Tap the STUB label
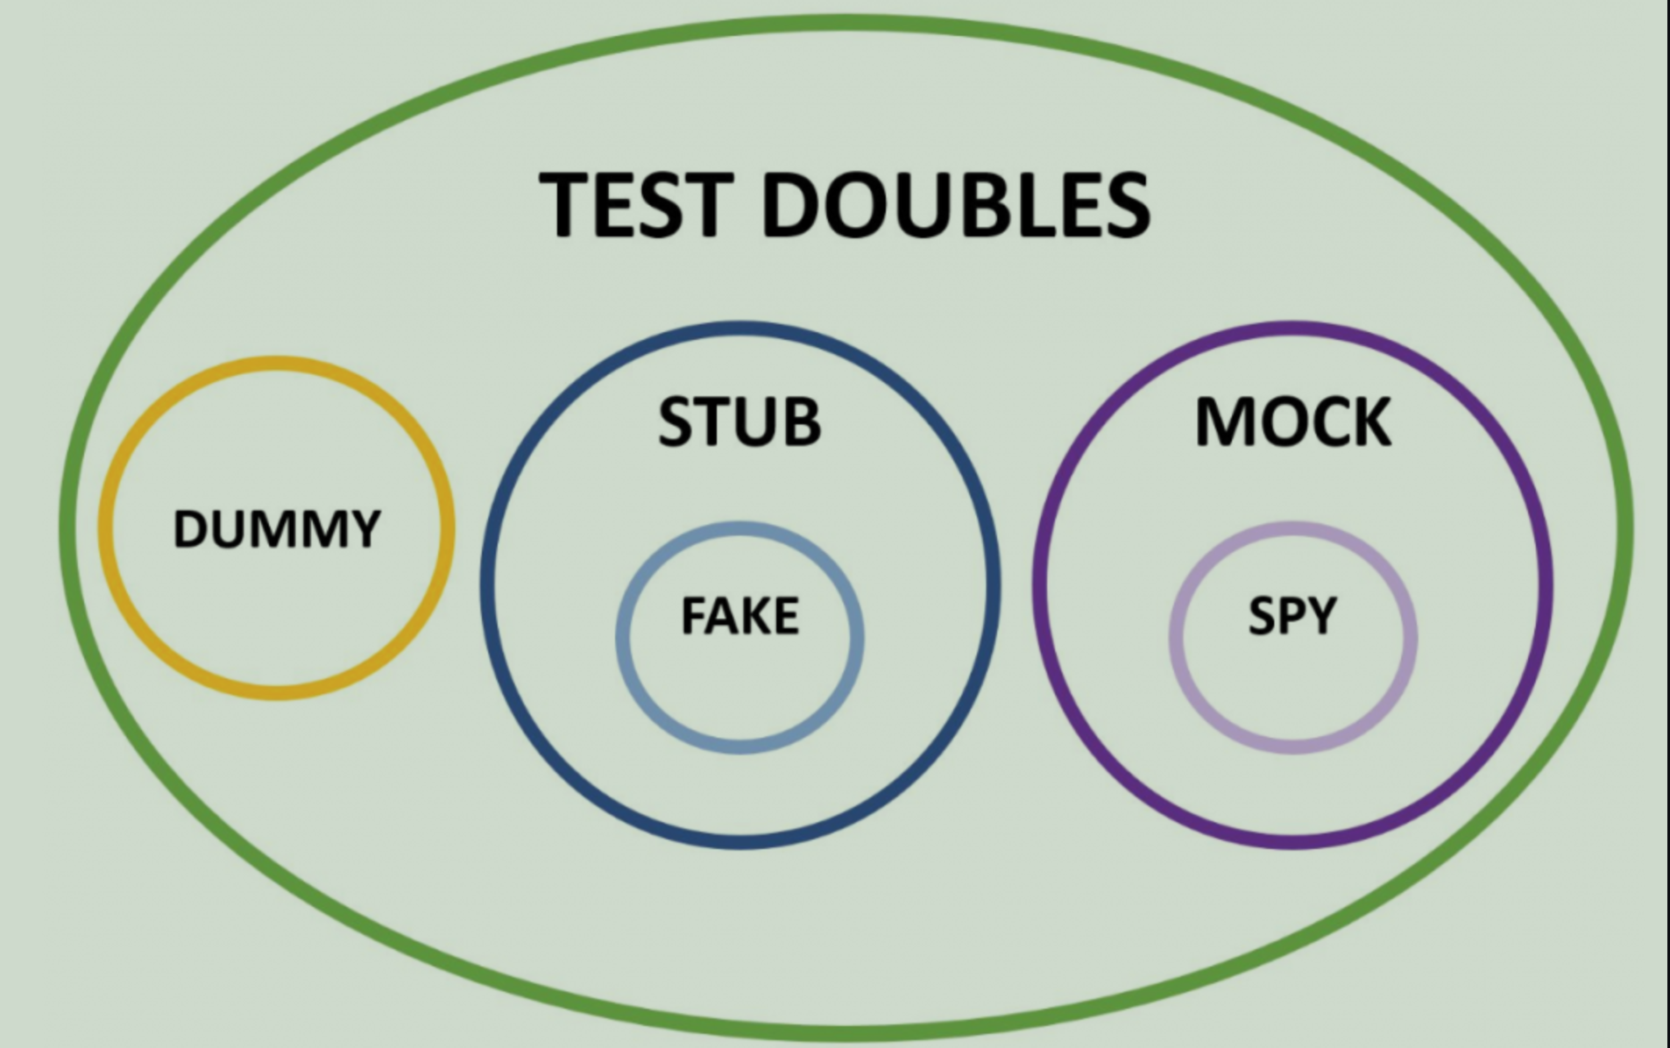coord(739,422)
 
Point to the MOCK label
coord(1292,422)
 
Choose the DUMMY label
coord(277,529)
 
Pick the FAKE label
coord(739,615)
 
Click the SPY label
coord(1292,615)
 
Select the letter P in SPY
coord(1292,615)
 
